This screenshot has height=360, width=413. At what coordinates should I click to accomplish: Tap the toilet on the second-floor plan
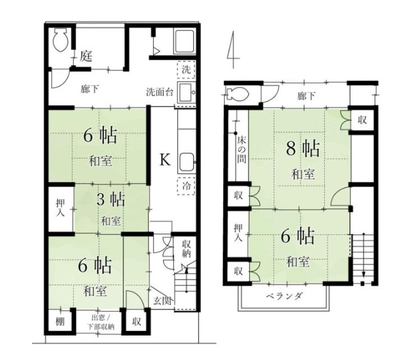237,93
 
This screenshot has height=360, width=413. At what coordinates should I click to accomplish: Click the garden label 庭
86,56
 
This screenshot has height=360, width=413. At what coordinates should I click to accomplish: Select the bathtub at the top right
184,42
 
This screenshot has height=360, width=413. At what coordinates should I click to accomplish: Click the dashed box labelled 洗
186,69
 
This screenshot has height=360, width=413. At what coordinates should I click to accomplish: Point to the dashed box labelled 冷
186,186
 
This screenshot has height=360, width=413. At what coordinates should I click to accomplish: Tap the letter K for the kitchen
166,159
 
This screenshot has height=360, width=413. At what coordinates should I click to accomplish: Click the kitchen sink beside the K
187,162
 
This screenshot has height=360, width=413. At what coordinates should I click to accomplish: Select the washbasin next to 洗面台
186,93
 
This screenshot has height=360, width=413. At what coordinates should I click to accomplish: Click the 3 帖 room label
111,200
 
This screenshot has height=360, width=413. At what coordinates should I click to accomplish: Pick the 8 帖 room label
303,149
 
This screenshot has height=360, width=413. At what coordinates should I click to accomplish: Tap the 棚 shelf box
60,321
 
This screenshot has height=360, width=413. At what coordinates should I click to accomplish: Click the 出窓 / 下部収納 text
101,322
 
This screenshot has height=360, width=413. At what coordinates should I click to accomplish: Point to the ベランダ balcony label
284,296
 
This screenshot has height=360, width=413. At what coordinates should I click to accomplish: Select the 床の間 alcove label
242,149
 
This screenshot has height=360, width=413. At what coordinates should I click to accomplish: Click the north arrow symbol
233,50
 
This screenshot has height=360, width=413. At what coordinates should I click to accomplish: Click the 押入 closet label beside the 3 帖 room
60,208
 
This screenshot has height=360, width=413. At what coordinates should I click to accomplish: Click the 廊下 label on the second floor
307,96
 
